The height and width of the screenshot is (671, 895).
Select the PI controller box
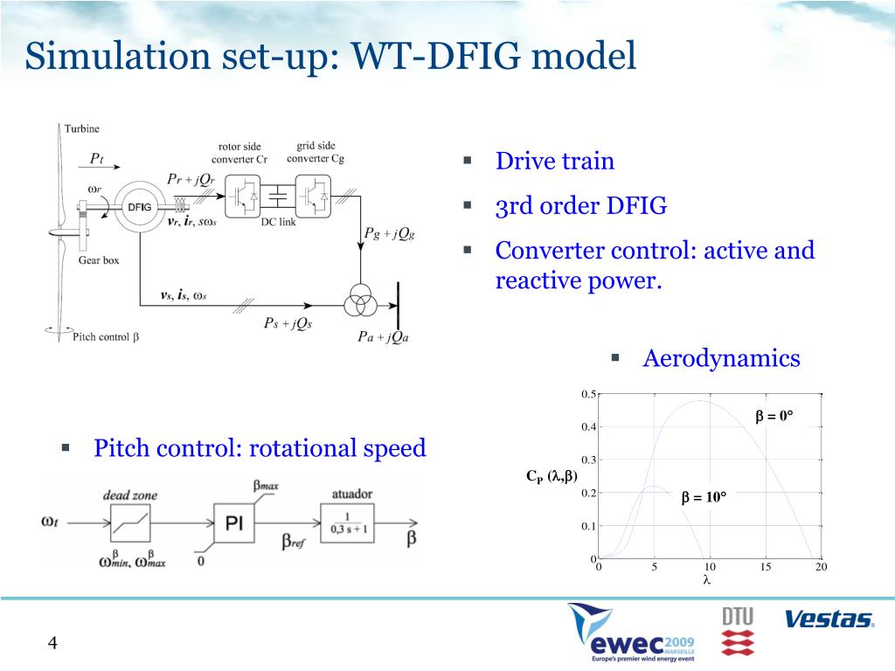point(234,523)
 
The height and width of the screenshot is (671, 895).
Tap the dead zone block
point(129,523)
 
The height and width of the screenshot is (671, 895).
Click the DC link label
point(279,223)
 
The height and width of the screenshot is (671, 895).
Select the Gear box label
point(99,260)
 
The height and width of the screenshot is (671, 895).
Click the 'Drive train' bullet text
point(555,162)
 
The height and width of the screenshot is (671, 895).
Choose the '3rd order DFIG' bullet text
point(581,206)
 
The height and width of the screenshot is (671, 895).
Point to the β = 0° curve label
point(774,416)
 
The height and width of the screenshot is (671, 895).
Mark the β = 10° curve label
point(704,497)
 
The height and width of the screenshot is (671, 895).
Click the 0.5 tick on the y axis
point(588,394)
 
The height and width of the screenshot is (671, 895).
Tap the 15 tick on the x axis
point(766,568)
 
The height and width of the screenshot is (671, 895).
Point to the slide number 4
point(52,644)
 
